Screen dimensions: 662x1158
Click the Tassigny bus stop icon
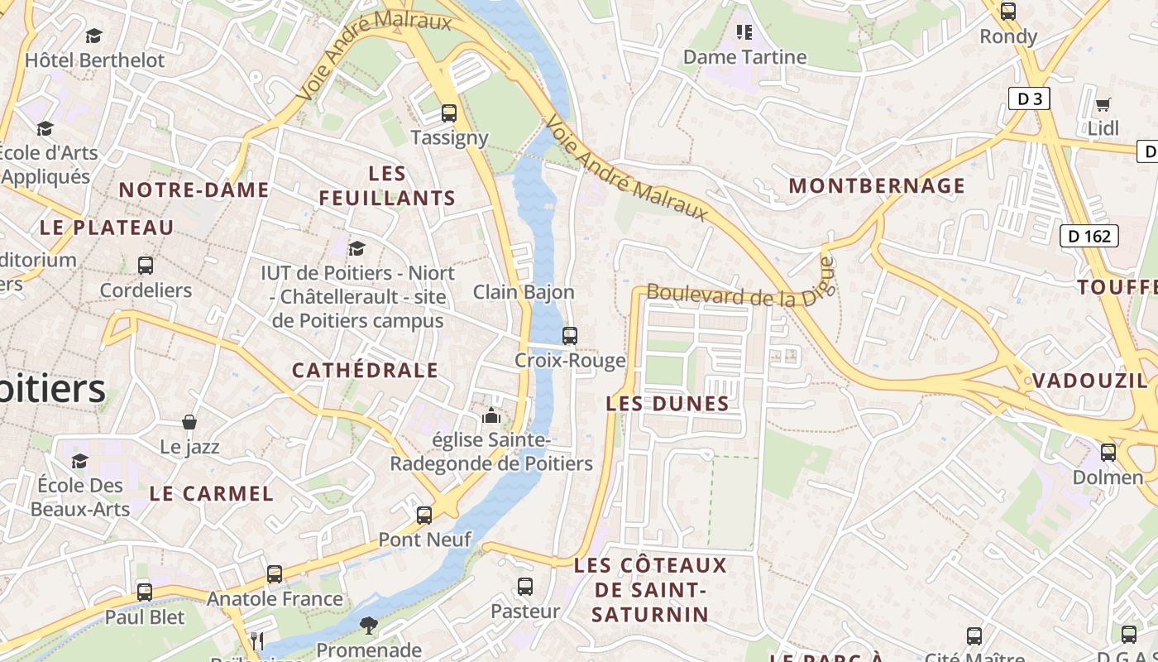(448, 113)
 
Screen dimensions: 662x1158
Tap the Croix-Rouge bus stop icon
(569, 336)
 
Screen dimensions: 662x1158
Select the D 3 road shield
(1029, 99)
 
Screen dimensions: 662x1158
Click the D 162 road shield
(1089, 236)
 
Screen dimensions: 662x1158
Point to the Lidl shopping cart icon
(1103, 105)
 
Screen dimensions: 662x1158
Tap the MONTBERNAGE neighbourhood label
(877, 185)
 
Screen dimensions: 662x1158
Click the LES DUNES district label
(668, 404)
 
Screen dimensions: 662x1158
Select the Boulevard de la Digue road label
(740, 295)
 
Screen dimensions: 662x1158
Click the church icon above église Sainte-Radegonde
(491, 415)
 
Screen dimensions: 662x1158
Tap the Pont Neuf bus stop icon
(424, 516)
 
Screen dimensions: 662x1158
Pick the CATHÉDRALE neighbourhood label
(365, 370)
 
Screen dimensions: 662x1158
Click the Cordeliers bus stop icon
(146, 266)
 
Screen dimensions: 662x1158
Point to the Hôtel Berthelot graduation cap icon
(93, 36)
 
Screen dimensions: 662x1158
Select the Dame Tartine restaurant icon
(744, 32)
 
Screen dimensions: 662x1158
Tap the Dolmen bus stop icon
(1108, 453)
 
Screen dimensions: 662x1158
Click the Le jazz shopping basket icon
(189, 422)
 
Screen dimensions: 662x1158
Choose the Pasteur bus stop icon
(524, 587)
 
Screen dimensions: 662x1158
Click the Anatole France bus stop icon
(274, 573)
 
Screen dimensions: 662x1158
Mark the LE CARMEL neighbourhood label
(211, 494)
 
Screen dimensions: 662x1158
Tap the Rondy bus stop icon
(1007, 12)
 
